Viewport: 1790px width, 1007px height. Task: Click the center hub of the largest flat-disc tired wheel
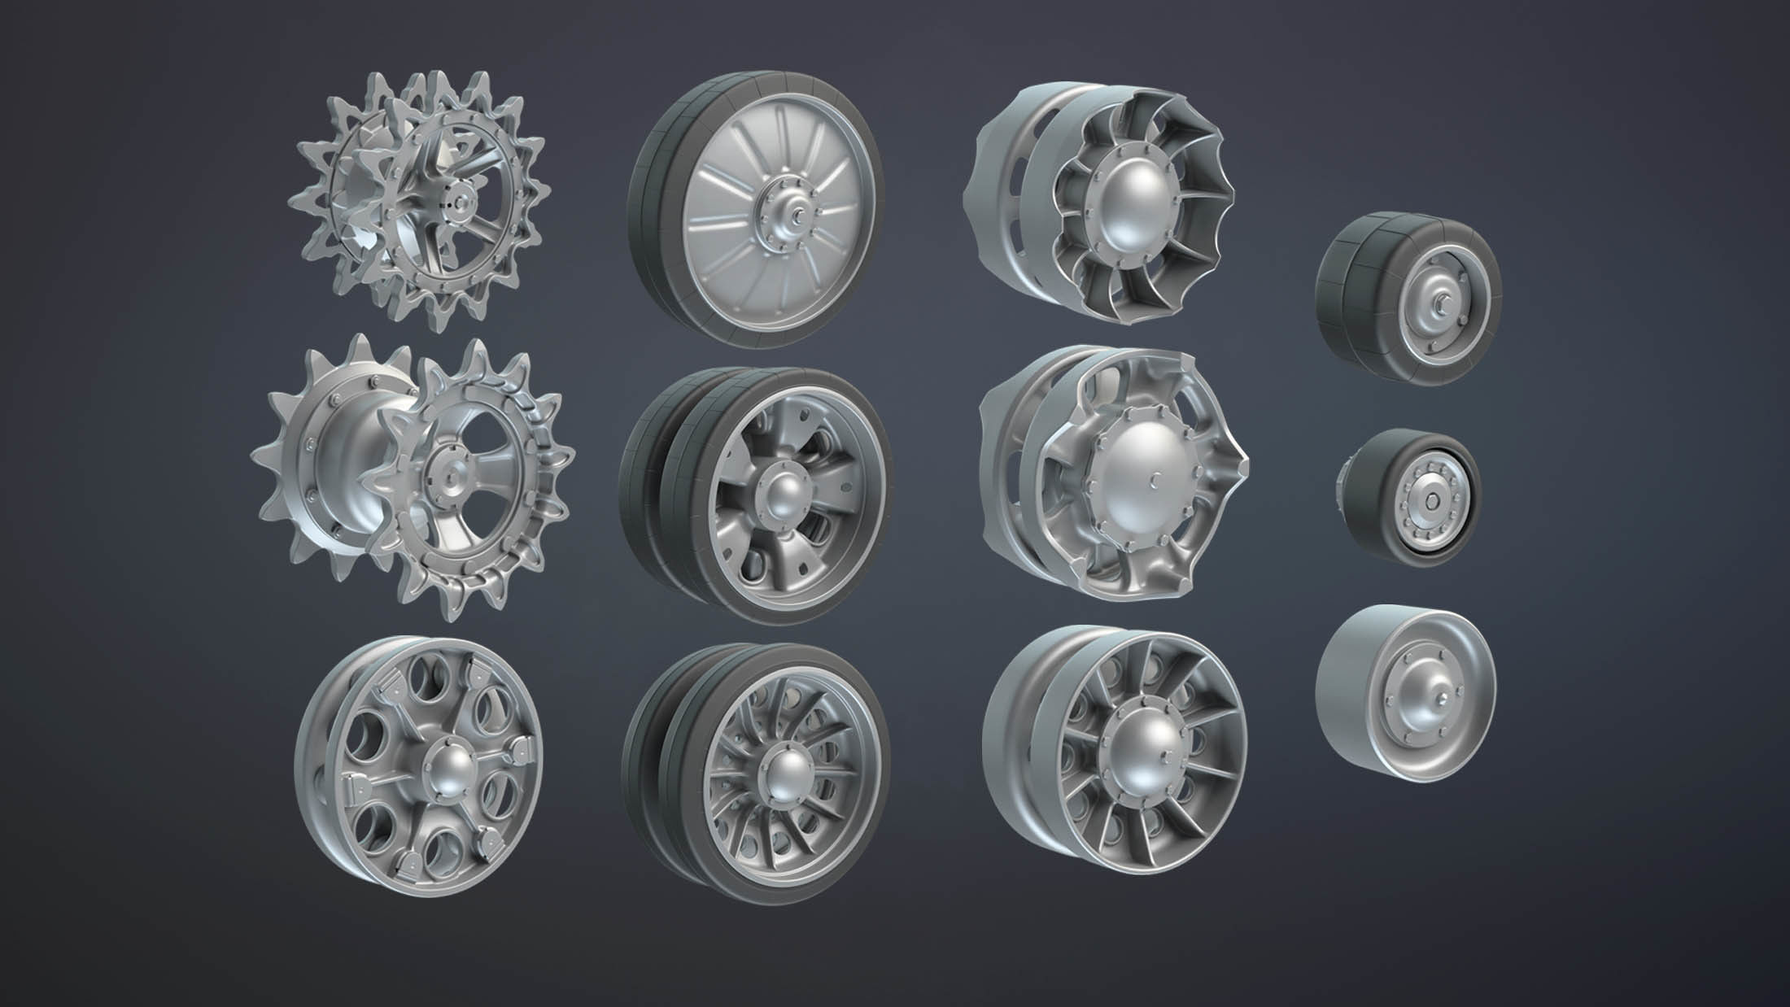pyautogui.click(x=781, y=215)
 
